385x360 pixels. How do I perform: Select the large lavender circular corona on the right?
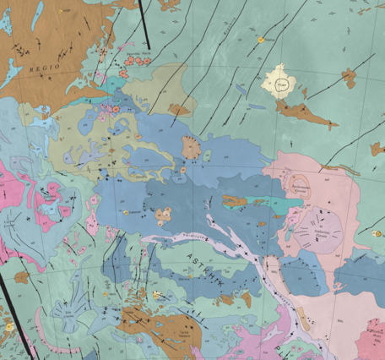[324, 228]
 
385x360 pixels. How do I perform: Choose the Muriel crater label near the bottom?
[157, 295]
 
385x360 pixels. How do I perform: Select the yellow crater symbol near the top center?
[260, 39]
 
